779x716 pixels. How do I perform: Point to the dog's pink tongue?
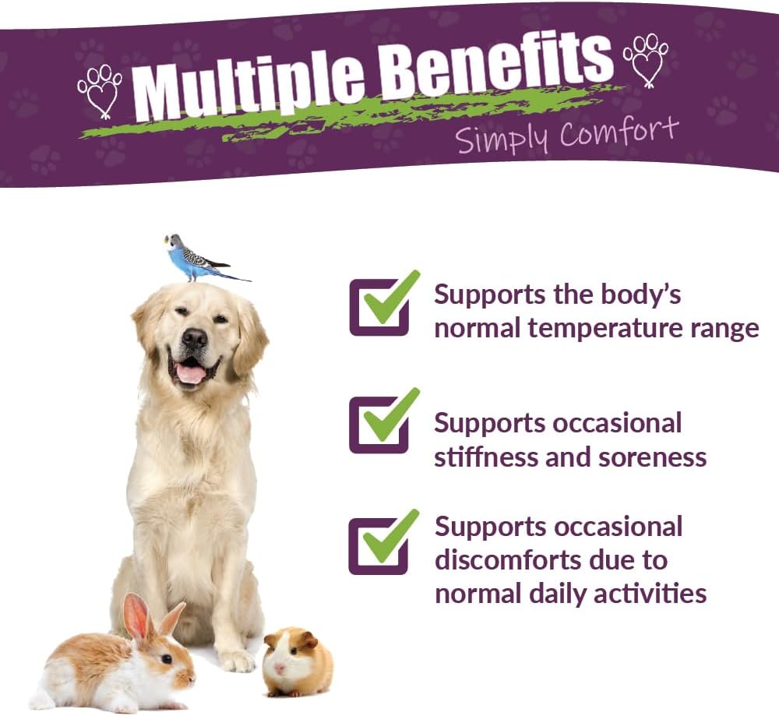click(x=191, y=375)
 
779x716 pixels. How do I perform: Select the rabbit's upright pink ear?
click(x=137, y=616)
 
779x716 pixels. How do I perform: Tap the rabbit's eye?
click(x=166, y=658)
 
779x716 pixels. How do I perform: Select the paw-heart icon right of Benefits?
click(x=646, y=58)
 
